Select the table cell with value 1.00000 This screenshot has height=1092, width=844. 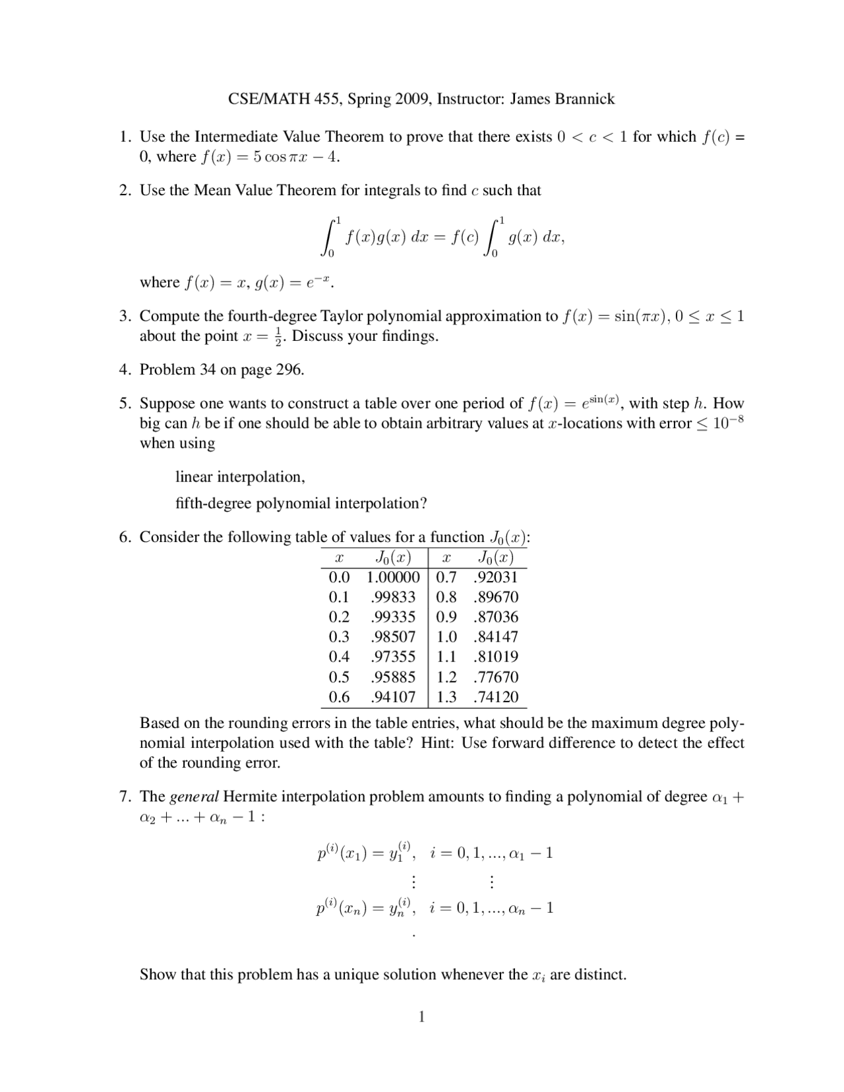click(393, 578)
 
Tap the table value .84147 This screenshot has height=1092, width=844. click(496, 637)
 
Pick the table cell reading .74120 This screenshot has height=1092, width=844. click(496, 697)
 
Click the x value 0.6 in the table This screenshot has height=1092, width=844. click(339, 697)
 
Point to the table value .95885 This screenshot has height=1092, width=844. click(393, 677)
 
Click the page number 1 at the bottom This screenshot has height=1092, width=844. click(422, 1017)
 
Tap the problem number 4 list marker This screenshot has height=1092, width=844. click(125, 369)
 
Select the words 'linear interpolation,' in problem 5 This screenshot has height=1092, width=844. click(240, 477)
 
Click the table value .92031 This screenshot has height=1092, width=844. click(496, 578)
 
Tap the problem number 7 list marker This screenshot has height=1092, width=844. click(125, 797)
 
